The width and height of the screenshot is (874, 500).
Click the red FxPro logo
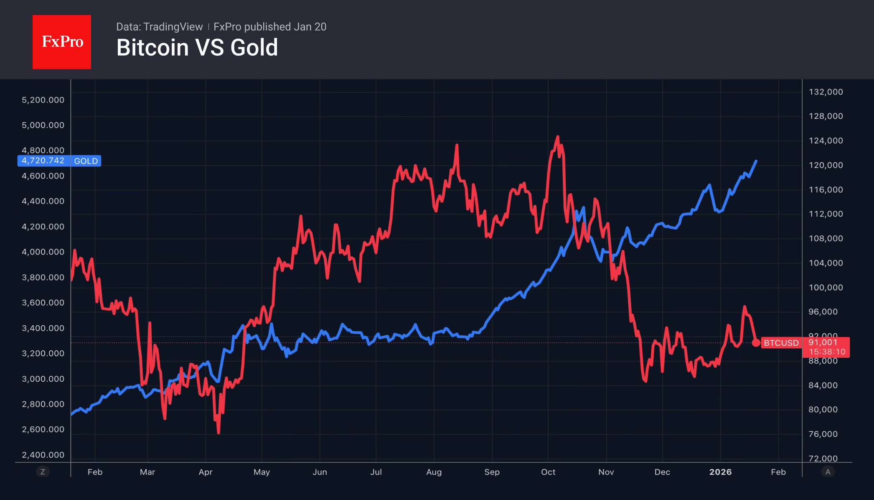click(x=62, y=42)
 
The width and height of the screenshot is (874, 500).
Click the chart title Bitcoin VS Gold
click(x=197, y=47)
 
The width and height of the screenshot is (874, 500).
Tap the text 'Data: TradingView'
click(x=159, y=27)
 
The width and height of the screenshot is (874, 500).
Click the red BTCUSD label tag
click(x=781, y=343)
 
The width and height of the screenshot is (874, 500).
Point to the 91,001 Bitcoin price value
click(x=823, y=342)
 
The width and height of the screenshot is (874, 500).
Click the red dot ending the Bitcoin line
click(x=756, y=343)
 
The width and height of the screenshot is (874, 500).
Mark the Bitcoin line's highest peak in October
click(x=557, y=137)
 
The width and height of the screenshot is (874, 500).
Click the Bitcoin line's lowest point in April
click(x=218, y=433)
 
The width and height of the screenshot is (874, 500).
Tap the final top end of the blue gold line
click(x=756, y=161)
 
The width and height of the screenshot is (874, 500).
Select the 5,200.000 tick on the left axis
click(x=43, y=100)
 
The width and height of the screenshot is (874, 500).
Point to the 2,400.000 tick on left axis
click(x=43, y=455)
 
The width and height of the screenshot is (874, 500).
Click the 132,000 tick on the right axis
click(x=826, y=92)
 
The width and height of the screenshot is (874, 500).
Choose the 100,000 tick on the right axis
click(x=826, y=288)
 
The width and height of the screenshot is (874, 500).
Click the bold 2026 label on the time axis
click(x=720, y=472)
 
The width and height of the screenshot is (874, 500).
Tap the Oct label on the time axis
click(x=548, y=472)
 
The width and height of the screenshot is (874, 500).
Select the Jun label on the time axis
click(x=320, y=472)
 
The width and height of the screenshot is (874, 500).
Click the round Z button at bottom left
click(x=43, y=472)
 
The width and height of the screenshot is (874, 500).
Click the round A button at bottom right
click(x=828, y=472)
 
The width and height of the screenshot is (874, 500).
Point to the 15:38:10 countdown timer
click(x=827, y=352)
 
